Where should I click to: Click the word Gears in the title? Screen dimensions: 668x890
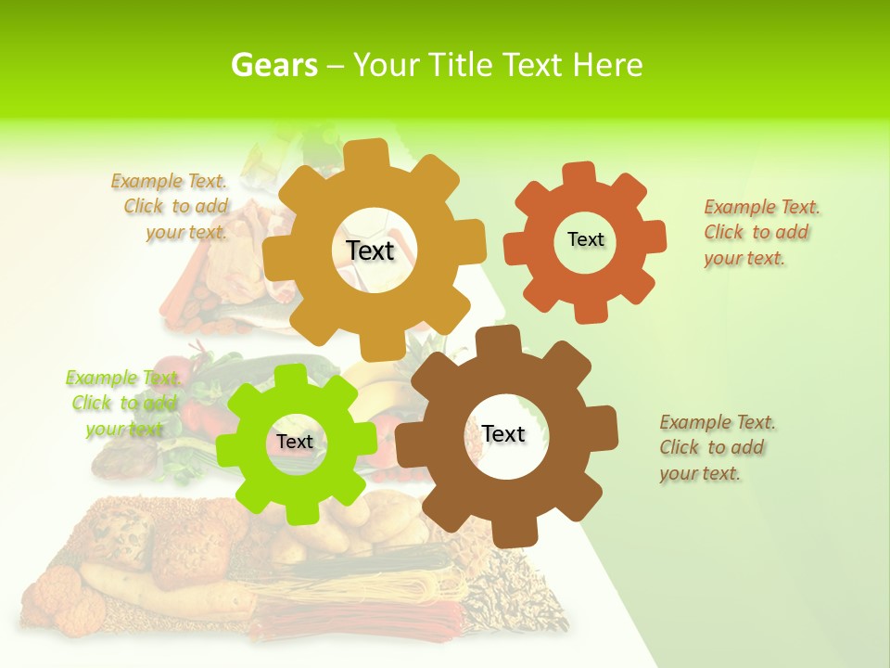[x=273, y=65]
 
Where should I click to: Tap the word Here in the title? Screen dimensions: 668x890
[x=607, y=65]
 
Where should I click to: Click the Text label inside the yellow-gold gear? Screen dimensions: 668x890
[x=371, y=250]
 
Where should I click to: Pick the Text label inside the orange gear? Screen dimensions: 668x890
[x=585, y=239]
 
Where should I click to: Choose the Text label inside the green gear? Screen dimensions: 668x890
[x=294, y=442]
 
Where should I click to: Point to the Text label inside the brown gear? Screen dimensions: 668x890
[x=503, y=433]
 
